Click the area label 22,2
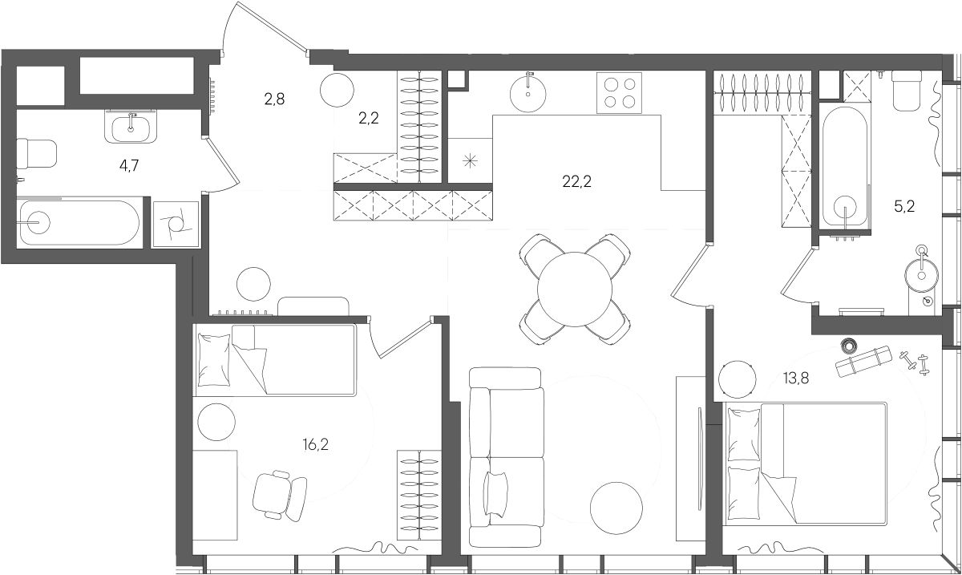coord(576,182)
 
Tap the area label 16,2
coord(315,444)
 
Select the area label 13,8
coord(796,379)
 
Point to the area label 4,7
coord(129,165)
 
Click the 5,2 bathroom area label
coord(904,207)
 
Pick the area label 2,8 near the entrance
coord(274,99)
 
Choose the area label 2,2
coord(369,118)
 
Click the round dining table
coord(575,290)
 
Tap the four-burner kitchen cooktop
coord(619,93)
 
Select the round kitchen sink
coord(527,94)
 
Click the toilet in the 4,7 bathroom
coord(37,153)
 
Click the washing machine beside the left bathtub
coord(176,224)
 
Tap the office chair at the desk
coord(280,495)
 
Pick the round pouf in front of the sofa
coord(616,508)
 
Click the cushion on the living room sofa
coord(495,493)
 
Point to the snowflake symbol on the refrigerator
coord(471,161)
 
